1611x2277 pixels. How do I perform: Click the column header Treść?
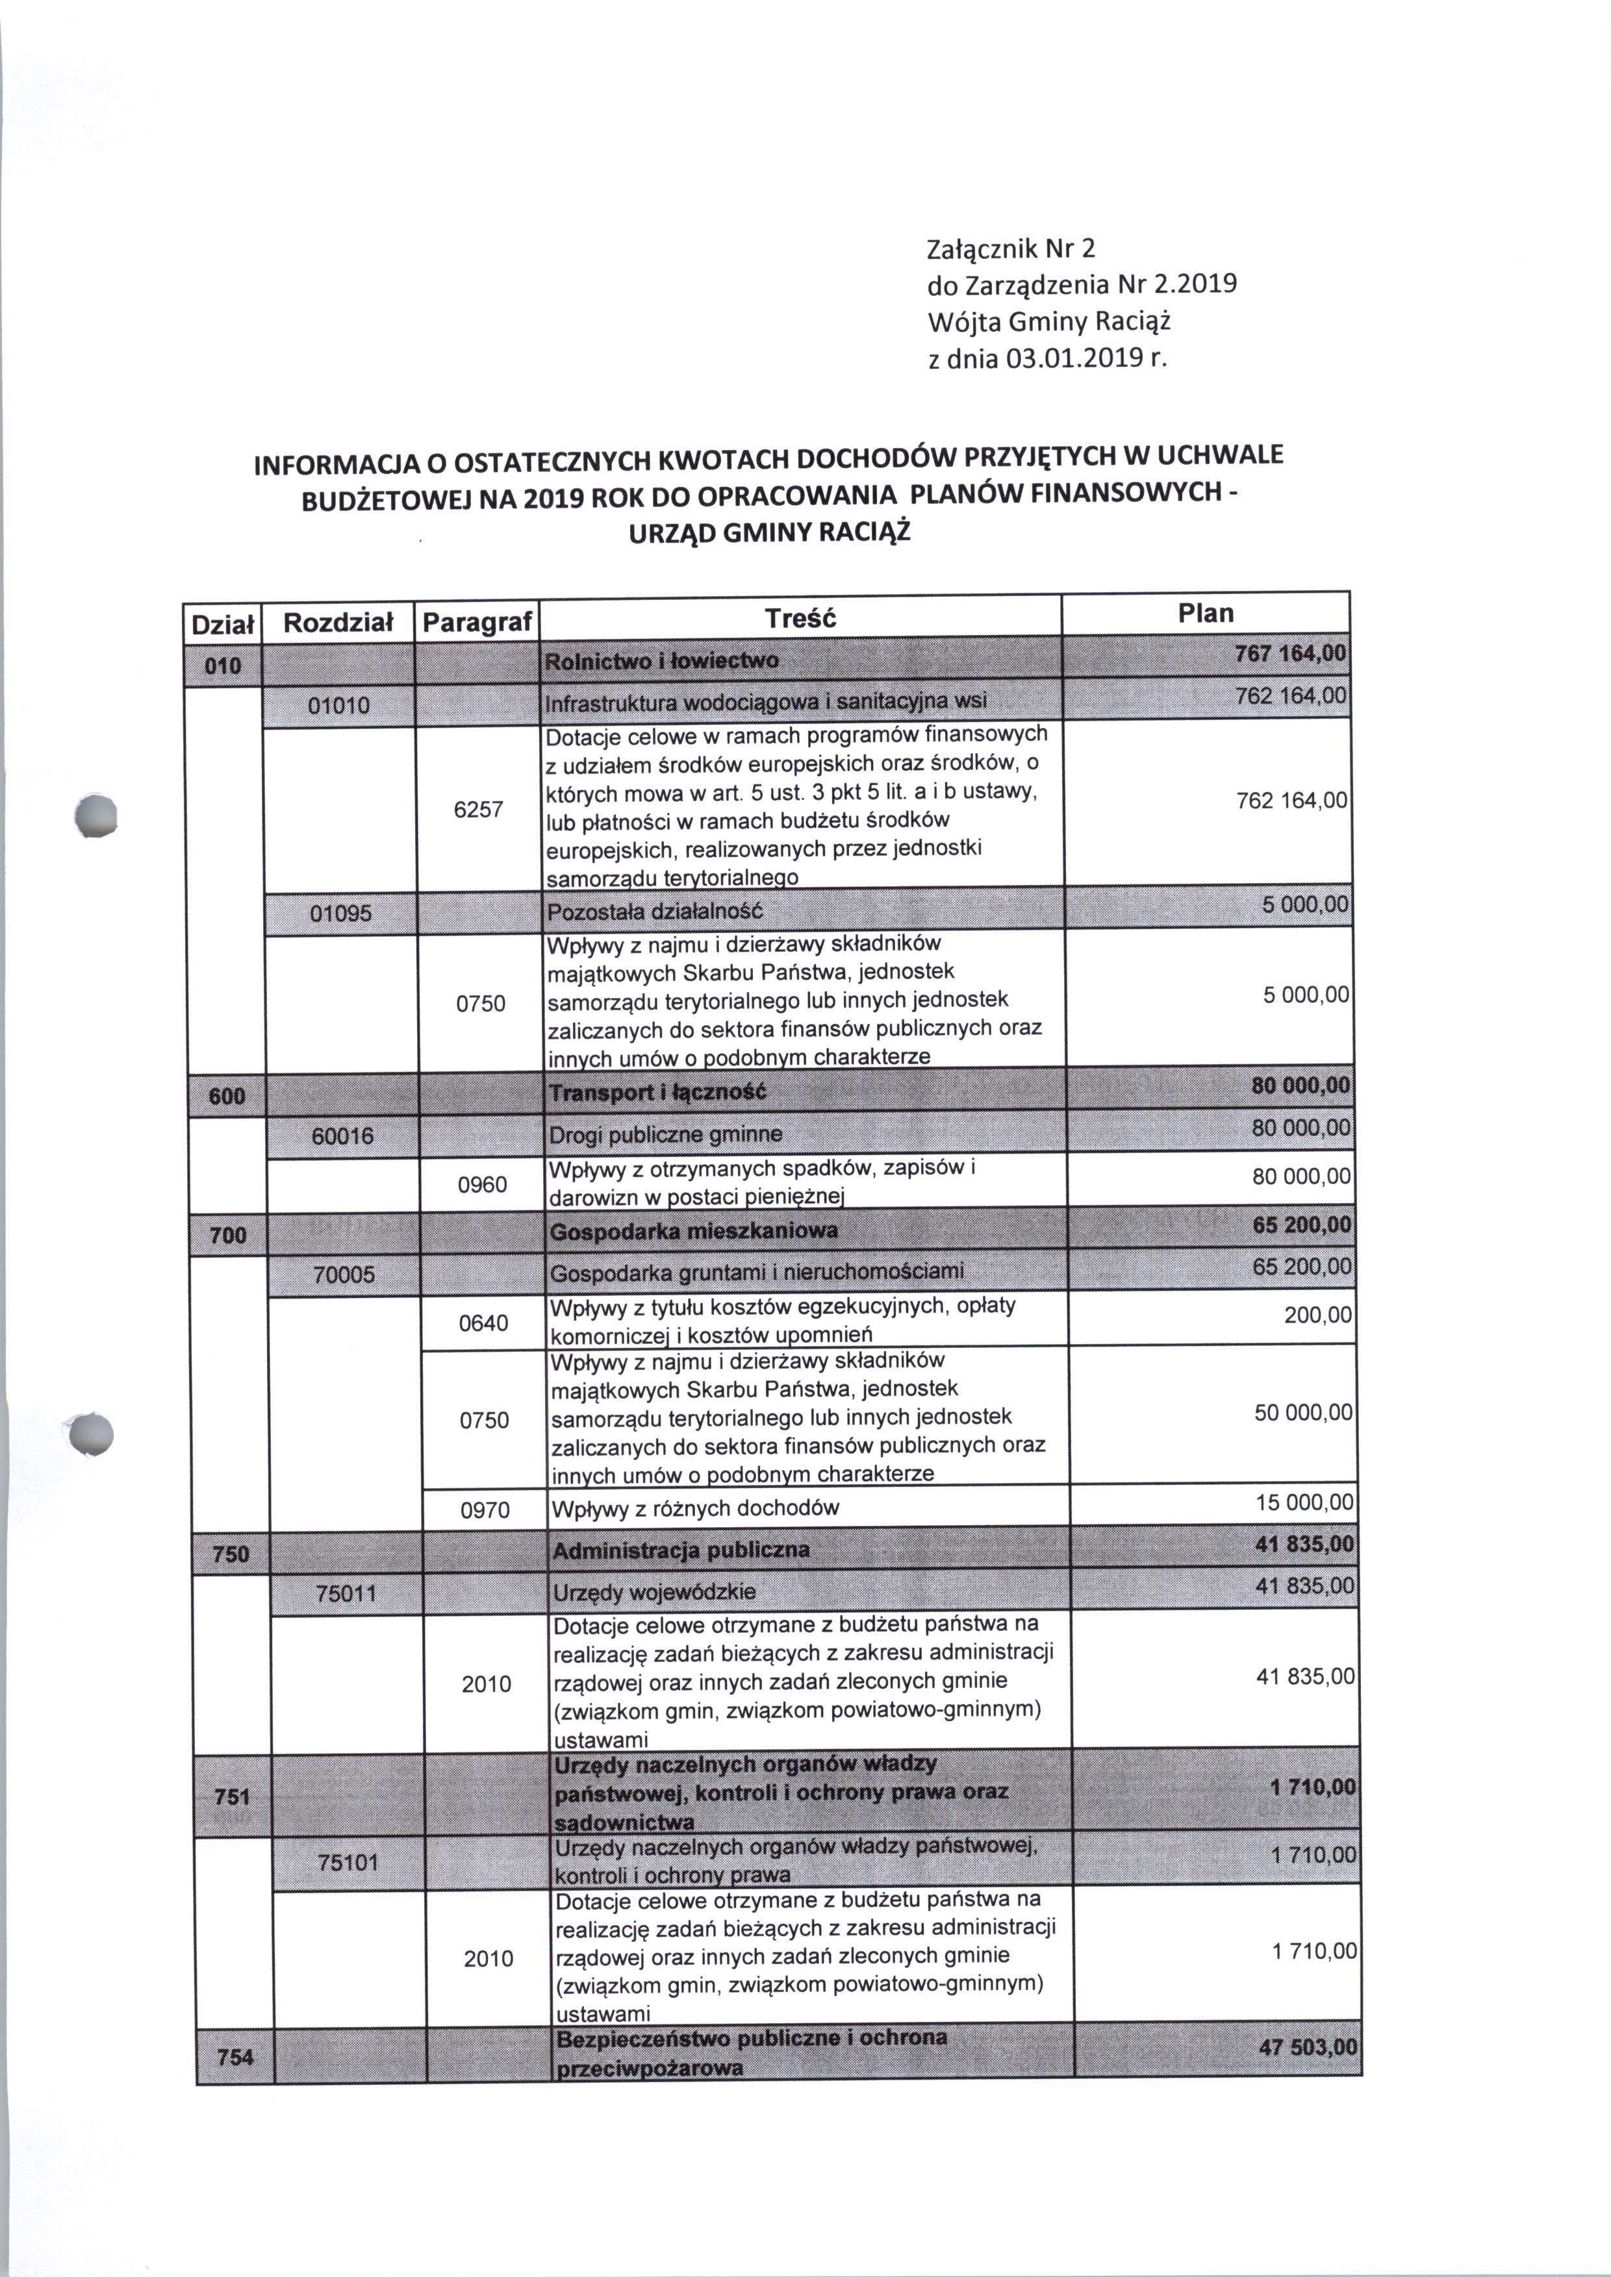[x=800, y=619]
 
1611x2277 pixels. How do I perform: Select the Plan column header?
[x=1205, y=613]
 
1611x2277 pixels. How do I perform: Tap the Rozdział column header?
[x=338, y=623]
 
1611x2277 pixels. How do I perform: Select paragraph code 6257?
[x=478, y=809]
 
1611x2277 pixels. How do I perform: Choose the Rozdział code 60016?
[x=342, y=1136]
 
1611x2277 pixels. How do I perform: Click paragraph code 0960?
[x=482, y=1185]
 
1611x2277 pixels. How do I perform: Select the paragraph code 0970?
[x=485, y=1510]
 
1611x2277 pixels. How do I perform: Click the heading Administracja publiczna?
[x=681, y=1550]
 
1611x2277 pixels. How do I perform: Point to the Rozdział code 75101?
[x=348, y=1863]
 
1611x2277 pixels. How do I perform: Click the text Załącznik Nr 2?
[x=1010, y=248]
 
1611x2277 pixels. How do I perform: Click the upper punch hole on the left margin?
[x=98, y=815]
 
